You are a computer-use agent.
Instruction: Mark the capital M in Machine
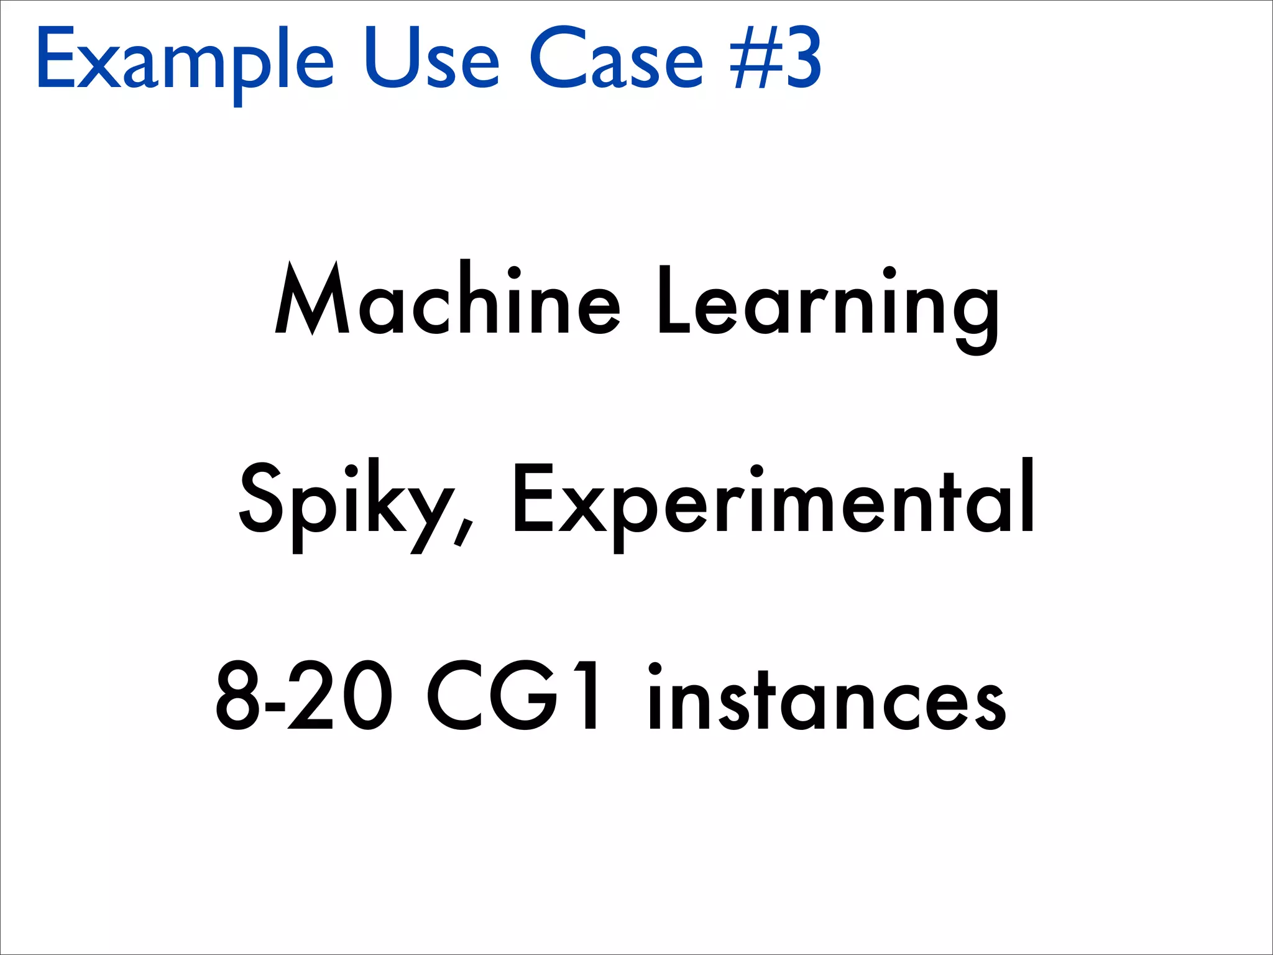click(312, 298)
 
